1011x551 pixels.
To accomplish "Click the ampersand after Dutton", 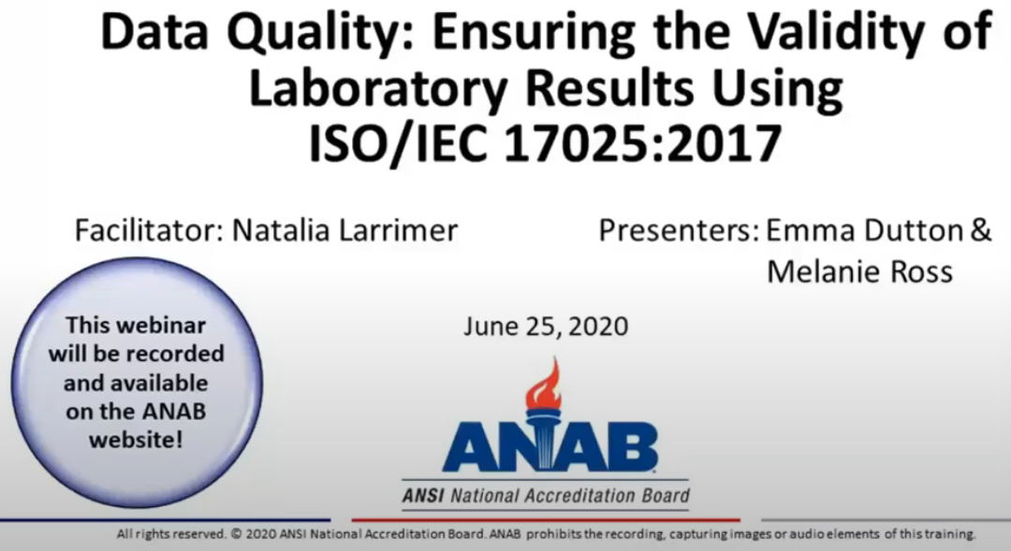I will pyautogui.click(x=980, y=230).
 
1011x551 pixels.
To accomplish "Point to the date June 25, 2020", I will pyautogui.click(x=546, y=326).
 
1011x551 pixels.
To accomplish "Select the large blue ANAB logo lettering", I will pyautogui.click(x=549, y=446).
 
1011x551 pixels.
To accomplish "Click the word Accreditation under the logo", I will pyautogui.click(x=582, y=495).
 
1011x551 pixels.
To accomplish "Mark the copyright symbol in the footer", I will pyautogui.click(x=234, y=535).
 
